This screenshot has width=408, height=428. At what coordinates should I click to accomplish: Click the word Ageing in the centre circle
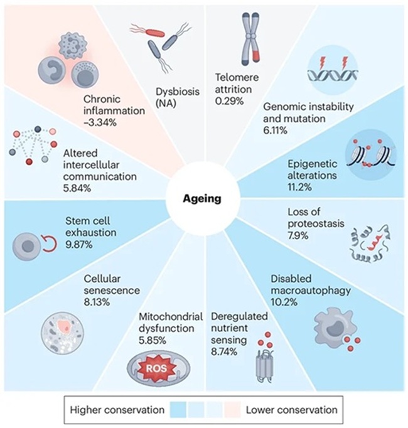202,199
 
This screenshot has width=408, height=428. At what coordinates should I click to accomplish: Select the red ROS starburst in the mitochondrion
156,368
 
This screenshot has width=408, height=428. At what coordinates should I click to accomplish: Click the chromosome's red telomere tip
256,55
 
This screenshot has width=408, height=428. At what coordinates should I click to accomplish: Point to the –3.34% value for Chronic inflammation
100,123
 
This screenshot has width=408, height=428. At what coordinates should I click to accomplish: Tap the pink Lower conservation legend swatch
232,409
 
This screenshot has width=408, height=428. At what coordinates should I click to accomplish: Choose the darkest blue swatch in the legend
178,409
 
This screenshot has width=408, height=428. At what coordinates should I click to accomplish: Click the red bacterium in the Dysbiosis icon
154,33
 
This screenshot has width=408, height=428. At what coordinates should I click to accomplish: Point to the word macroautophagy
311,291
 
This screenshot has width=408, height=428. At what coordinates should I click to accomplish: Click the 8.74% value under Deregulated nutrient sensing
224,352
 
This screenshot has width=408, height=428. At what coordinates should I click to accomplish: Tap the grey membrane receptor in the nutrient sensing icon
265,365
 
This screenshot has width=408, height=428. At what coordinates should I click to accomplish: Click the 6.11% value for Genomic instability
276,131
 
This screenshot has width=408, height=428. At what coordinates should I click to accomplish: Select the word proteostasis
316,224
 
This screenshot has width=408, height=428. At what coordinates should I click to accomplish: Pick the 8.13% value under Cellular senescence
97,302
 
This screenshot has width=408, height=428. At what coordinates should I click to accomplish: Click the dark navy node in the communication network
38,129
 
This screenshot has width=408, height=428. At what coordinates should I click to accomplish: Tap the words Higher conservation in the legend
117,410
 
